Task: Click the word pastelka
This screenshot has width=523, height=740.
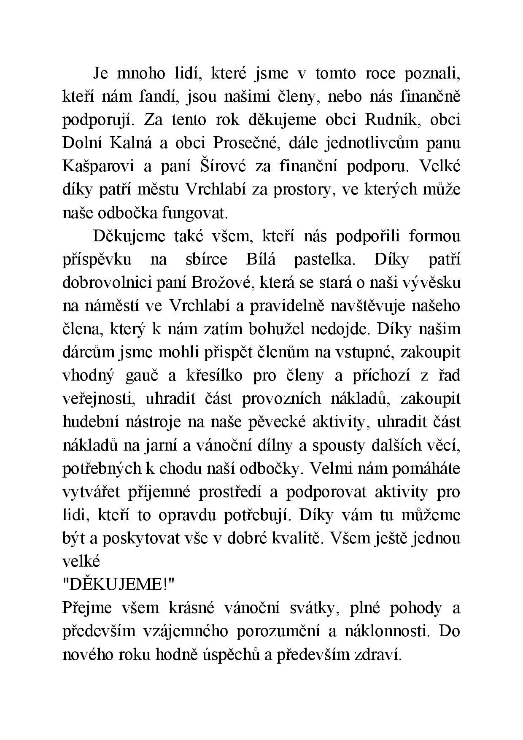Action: pos(324,259)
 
